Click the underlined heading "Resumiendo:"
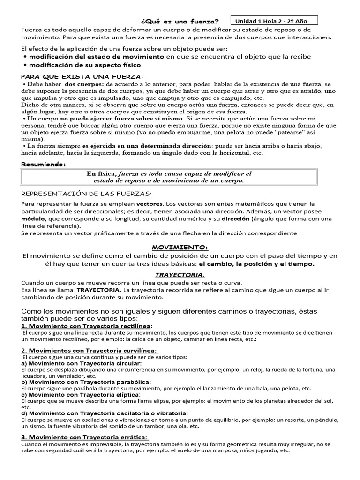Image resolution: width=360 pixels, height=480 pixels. (x=44, y=164)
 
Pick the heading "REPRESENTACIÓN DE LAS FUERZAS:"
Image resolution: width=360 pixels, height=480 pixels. (x=87, y=194)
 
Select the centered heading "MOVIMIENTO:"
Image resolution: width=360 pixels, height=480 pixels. (x=180, y=247)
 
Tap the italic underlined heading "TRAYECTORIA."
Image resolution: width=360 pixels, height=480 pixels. (x=180, y=275)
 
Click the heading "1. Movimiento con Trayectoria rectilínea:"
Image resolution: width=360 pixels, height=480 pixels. (x=87, y=326)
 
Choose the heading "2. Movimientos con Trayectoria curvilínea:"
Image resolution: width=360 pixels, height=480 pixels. (x=90, y=350)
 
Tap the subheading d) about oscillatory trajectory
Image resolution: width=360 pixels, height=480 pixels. (x=104, y=413)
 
